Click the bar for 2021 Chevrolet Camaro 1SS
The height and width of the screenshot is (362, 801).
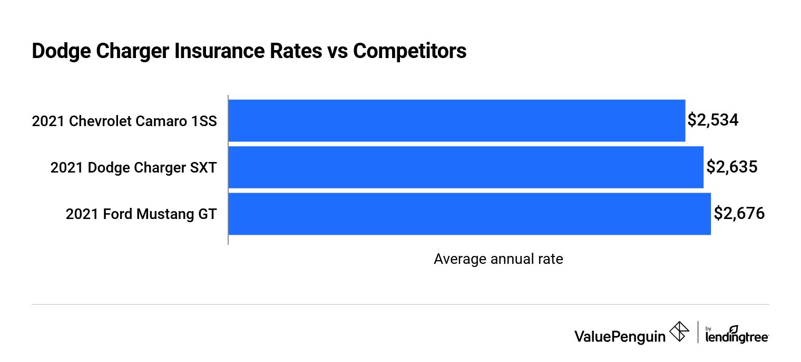[456, 121]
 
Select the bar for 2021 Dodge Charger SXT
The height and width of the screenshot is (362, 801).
[466, 167]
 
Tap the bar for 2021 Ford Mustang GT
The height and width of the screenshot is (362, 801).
[469, 214]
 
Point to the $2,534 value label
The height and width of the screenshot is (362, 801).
[713, 120]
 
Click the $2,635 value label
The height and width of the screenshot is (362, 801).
[731, 167]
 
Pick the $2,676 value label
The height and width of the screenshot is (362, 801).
[739, 214]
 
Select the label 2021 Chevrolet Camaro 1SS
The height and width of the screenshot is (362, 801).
[124, 121]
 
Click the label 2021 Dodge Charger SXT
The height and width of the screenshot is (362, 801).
[133, 168]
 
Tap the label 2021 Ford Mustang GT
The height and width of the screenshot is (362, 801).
[141, 214]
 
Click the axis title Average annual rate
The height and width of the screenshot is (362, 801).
[498, 259]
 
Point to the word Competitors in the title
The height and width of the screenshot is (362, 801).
[409, 51]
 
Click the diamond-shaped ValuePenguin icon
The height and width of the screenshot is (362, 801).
[679, 332]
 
